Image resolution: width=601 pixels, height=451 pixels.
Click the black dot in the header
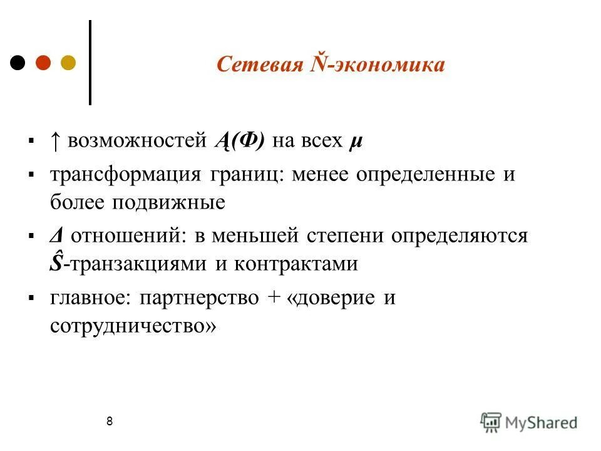coord(18,63)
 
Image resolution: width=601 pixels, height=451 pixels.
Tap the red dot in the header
coord(43,63)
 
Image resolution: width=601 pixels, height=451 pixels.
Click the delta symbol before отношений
coord(56,236)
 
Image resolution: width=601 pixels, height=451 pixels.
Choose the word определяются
coord(460,236)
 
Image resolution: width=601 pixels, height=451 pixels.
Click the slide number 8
coord(110,421)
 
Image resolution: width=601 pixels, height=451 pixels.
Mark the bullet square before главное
coord(31,298)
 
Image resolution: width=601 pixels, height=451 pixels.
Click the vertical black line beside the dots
coord(91,63)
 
